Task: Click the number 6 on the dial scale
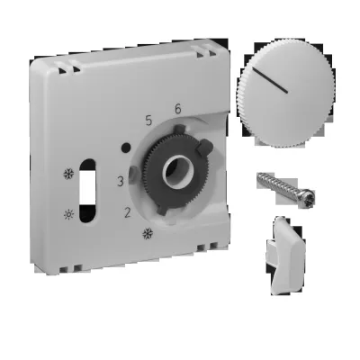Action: coord(178,110)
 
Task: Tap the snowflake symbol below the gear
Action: coord(147,235)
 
